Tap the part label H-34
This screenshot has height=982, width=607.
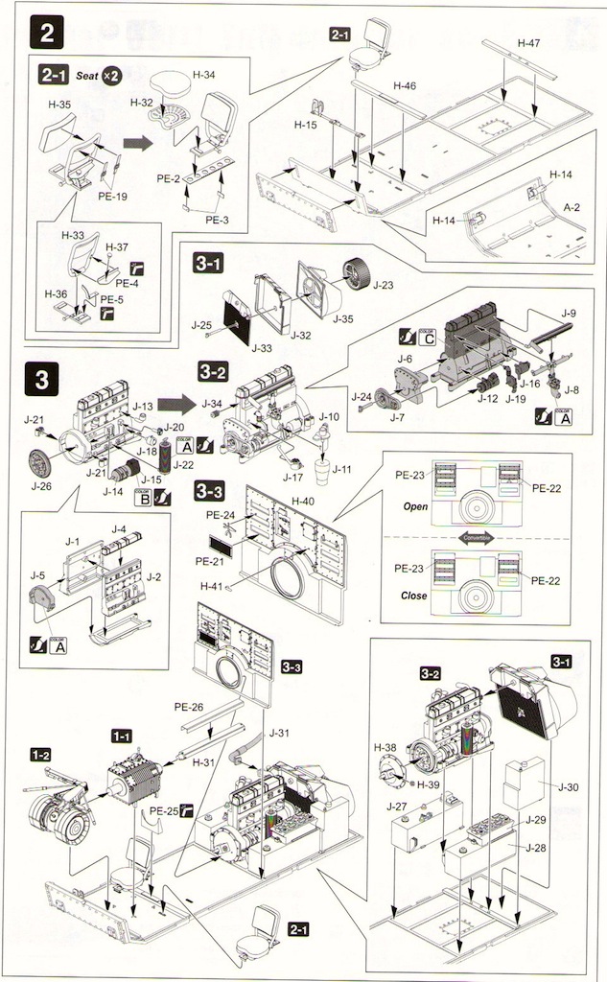pos(203,74)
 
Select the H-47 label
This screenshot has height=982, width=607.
pos(528,43)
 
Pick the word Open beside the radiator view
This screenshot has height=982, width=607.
pos(415,506)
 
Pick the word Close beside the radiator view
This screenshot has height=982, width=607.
pos(415,594)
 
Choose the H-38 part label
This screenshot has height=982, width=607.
pos(385,747)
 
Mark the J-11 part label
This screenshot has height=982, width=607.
pos(340,469)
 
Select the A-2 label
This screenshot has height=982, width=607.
pos(572,206)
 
